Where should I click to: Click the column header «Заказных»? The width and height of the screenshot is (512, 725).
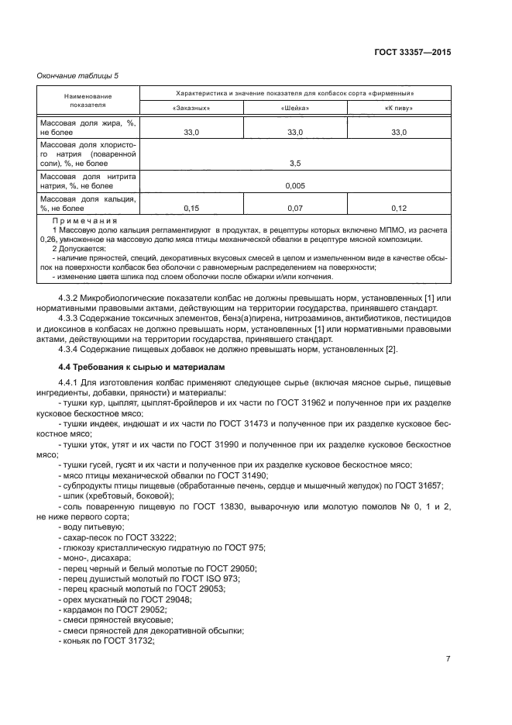click(x=191, y=109)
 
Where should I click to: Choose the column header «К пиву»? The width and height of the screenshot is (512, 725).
click(x=398, y=109)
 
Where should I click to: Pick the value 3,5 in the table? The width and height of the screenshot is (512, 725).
click(x=294, y=164)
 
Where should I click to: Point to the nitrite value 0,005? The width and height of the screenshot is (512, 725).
click(x=294, y=186)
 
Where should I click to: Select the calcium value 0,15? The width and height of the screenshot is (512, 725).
click(x=191, y=208)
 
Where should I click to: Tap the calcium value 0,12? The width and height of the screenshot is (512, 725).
click(x=398, y=208)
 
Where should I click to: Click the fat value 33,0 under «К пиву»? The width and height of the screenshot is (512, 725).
click(x=398, y=133)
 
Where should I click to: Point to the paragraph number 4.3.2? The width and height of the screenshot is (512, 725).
click(x=71, y=299)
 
